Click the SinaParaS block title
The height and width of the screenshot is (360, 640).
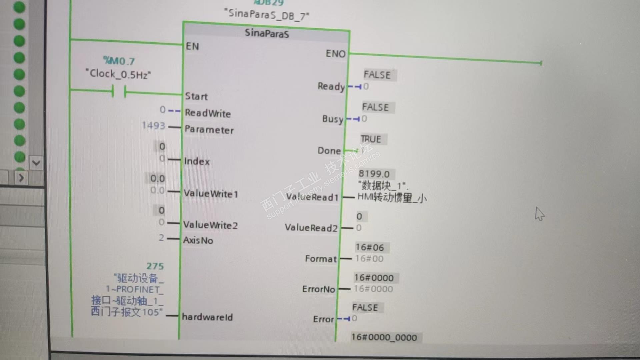point(267,33)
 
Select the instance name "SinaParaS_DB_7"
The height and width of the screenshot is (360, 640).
point(267,14)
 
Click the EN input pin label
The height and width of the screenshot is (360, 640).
point(192,46)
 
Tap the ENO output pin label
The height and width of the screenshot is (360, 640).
point(335,54)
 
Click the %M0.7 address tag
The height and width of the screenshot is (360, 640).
point(119,61)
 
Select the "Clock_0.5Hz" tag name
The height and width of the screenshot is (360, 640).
point(118,74)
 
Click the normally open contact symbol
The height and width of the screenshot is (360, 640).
point(119,91)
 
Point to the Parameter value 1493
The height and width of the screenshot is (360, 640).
point(153,126)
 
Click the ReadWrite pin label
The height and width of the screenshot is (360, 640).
point(208,113)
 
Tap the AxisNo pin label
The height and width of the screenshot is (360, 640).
point(198,240)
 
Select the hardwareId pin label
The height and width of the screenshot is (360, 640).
point(207,317)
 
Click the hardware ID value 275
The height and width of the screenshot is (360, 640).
point(155,266)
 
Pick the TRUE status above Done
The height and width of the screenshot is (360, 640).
point(371,139)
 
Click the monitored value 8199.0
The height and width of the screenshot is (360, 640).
point(374,174)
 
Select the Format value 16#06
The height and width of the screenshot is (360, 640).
point(370,247)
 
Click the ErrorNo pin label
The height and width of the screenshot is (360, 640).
point(318,289)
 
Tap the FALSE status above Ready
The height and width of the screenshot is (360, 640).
point(377,75)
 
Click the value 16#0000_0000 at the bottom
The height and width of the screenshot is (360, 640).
point(384,337)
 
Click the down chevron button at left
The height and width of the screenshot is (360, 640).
point(36,163)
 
